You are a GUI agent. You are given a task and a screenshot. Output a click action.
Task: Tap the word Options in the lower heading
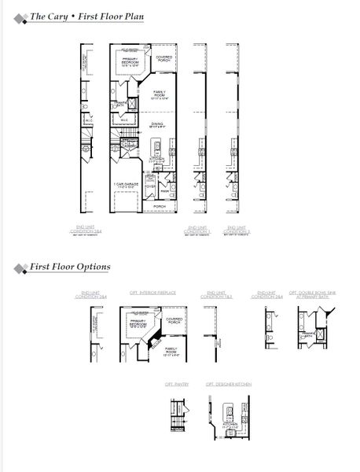coord(92,267)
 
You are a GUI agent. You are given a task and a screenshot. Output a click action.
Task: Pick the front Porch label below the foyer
coord(160,207)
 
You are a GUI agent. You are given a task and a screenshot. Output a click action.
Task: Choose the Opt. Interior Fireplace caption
coord(152,292)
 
